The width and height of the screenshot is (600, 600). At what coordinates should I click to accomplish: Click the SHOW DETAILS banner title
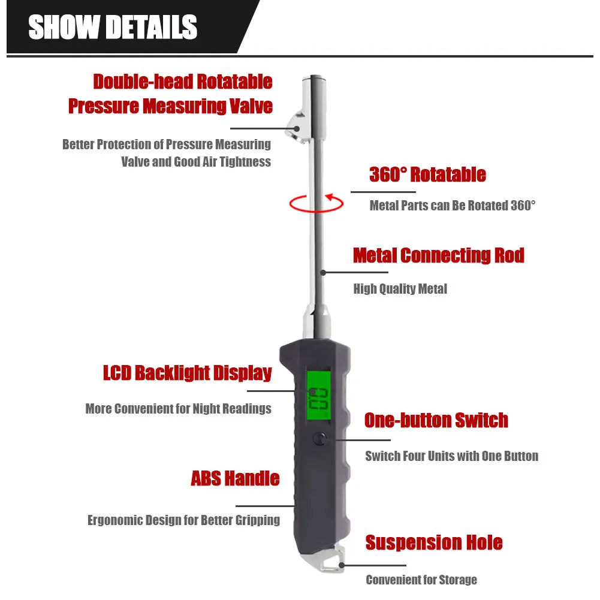[113, 28]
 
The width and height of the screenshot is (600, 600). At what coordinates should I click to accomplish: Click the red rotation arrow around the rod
[316, 204]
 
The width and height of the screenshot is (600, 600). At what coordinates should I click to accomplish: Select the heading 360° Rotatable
[427, 175]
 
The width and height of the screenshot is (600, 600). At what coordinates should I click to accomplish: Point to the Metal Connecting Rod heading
[438, 255]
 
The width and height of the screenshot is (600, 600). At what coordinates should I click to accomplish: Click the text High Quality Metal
[400, 289]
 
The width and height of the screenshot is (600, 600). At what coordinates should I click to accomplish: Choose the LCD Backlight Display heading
[188, 373]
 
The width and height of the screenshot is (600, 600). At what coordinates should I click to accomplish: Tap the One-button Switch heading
[436, 420]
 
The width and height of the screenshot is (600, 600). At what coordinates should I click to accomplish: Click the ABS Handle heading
[235, 478]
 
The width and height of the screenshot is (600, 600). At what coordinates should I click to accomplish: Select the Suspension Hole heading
[434, 543]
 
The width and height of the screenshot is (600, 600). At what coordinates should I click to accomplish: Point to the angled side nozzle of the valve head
[295, 123]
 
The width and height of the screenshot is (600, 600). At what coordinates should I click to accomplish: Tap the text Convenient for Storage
[421, 580]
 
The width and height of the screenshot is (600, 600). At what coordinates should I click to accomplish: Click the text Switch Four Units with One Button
[451, 456]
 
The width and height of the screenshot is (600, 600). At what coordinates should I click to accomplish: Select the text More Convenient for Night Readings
[178, 409]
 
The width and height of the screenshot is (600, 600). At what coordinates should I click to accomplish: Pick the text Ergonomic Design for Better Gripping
[183, 520]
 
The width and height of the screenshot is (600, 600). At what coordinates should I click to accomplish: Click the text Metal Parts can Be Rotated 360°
[452, 206]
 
